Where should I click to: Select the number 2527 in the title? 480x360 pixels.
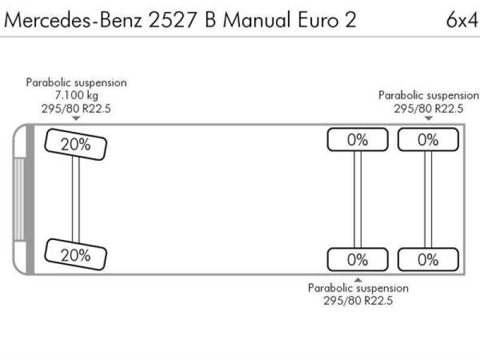pyautogui.click(x=173, y=20)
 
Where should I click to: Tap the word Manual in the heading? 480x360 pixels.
pyautogui.click(x=257, y=20)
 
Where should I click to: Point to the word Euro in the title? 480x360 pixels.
pyautogui.click(x=319, y=20)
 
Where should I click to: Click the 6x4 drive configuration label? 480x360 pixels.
pyautogui.click(x=462, y=20)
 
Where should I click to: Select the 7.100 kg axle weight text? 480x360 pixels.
pyautogui.click(x=77, y=95)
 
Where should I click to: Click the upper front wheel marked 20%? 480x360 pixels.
pyautogui.click(x=76, y=144)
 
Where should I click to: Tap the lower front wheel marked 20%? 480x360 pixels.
pyautogui.click(x=76, y=254)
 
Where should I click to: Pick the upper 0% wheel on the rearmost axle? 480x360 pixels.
pyautogui.click(x=428, y=140)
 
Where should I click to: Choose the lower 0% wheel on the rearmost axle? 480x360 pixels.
pyautogui.click(x=428, y=260)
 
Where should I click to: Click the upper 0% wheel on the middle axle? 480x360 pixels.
pyautogui.click(x=358, y=140)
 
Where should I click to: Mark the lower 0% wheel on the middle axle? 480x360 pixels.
pyautogui.click(x=358, y=260)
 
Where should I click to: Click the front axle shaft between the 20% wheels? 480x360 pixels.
pyautogui.click(x=76, y=200)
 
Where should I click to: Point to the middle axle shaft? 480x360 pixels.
pyautogui.click(x=358, y=200)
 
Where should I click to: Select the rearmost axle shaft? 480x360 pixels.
pyautogui.click(x=428, y=200)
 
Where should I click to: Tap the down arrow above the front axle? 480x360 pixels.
pyautogui.click(x=76, y=118)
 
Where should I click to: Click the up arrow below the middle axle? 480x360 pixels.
pyautogui.click(x=358, y=280)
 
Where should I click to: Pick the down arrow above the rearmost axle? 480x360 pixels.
pyautogui.click(x=428, y=118)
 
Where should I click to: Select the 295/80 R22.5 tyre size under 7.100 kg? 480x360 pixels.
pyautogui.click(x=76, y=109)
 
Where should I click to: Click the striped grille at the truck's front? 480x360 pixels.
pyautogui.click(x=19, y=199)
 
